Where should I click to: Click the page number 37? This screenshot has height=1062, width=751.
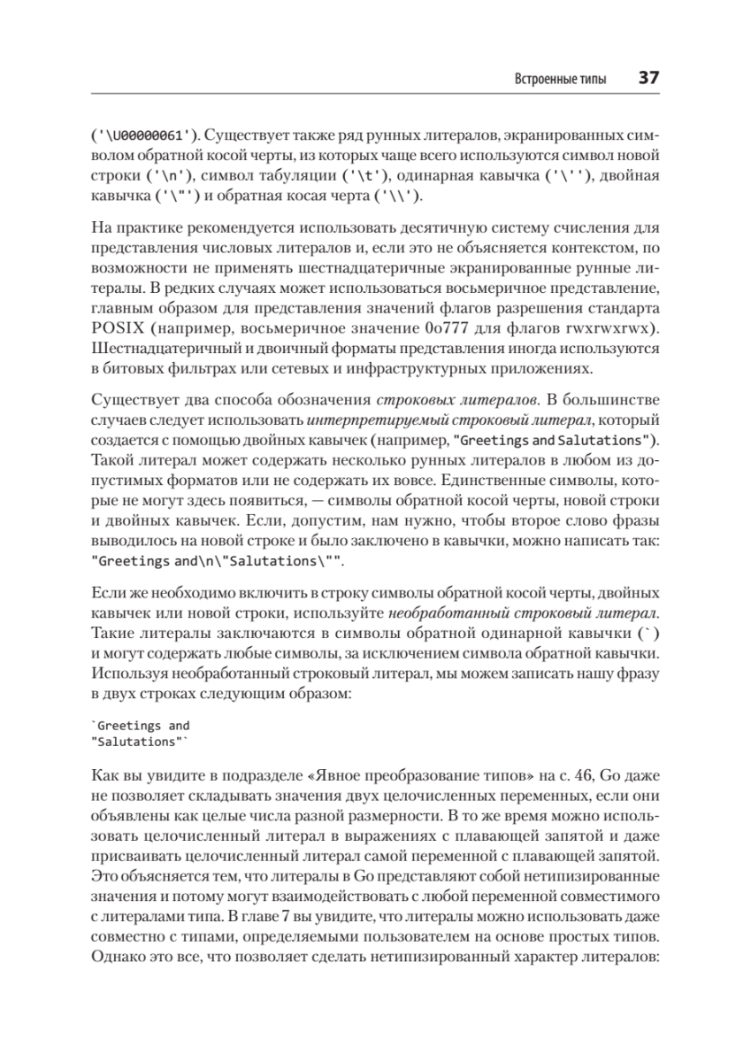(x=648, y=79)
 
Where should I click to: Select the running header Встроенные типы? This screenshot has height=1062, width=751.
(x=561, y=80)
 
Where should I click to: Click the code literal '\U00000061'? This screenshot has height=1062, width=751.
(x=146, y=135)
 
